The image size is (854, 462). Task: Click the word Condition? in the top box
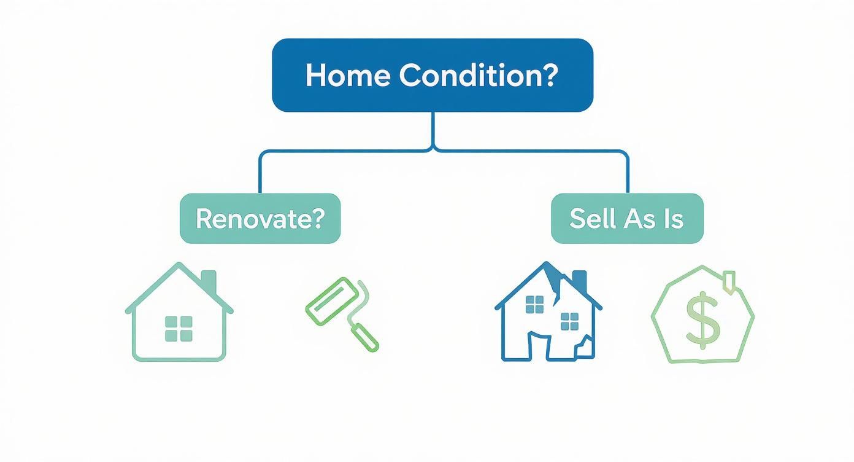(x=478, y=76)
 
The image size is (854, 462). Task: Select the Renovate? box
(x=260, y=219)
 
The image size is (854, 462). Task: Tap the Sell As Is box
(x=627, y=219)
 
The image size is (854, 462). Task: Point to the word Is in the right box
(x=673, y=219)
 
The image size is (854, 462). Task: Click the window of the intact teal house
(x=179, y=328)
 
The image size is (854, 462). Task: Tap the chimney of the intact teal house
(x=209, y=280)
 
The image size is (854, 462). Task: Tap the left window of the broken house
(x=535, y=304)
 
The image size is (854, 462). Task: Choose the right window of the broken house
(x=570, y=321)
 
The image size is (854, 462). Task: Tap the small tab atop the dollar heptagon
(x=729, y=280)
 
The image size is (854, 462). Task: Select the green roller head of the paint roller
(x=331, y=302)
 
